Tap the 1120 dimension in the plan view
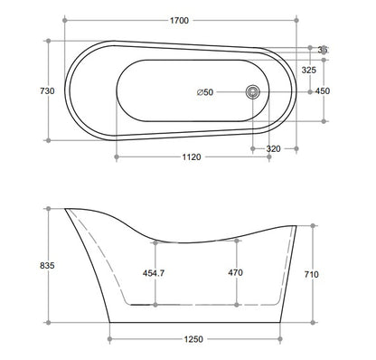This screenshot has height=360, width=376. coord(191,156)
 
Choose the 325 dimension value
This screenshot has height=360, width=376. coord(309,69)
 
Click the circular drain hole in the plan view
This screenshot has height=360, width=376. coord(254,90)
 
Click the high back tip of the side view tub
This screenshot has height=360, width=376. coord(67,209)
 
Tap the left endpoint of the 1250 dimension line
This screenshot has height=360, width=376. coord(110,338)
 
